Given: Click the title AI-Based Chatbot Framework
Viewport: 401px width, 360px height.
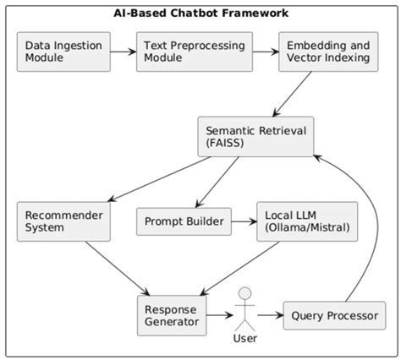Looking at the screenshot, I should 200,13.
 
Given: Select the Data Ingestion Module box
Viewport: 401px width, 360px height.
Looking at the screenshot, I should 63,52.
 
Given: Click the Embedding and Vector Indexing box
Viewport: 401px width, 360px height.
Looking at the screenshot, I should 326,52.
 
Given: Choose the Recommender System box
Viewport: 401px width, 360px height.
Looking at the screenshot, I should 63,221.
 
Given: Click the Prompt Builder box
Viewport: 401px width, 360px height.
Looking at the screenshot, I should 183,222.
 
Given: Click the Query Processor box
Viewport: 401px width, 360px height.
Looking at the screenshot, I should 334,315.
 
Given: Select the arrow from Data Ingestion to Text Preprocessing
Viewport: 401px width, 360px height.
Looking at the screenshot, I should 123,52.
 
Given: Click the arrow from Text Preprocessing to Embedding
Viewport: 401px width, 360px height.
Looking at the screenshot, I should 264,52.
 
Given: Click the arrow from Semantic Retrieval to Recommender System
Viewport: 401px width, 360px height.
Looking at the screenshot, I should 152,178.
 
